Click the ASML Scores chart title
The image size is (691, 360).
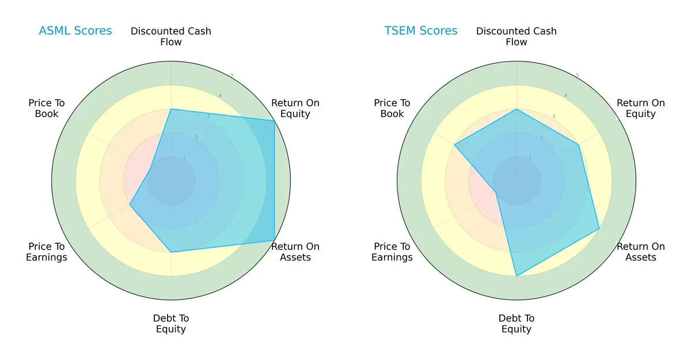[x=75, y=31]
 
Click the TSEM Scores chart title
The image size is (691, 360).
[x=421, y=31]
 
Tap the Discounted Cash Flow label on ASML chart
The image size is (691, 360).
[x=171, y=36]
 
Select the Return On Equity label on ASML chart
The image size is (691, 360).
[x=295, y=108]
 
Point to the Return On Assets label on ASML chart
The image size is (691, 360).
[x=295, y=252]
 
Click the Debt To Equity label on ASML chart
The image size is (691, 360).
[x=171, y=324]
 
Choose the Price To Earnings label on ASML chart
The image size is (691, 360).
[x=47, y=252]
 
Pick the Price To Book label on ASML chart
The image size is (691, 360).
[x=47, y=108]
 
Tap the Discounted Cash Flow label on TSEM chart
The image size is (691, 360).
[x=517, y=36]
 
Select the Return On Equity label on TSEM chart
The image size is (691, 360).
[x=641, y=108]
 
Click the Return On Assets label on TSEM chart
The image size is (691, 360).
[x=641, y=252]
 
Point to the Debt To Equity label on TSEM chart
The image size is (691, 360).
[x=517, y=324]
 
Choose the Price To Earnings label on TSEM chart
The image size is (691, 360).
[x=392, y=252]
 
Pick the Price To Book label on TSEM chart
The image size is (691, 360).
[x=392, y=108]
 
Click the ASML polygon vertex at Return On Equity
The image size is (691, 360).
[x=274, y=120]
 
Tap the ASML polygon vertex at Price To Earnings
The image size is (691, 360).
[x=130, y=204]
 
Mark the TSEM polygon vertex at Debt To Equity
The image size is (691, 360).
[x=517, y=276]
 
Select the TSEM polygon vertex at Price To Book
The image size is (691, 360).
[x=455, y=145]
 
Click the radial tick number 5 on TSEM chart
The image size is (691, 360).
[x=578, y=75]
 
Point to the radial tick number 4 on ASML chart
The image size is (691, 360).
[x=219, y=96]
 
